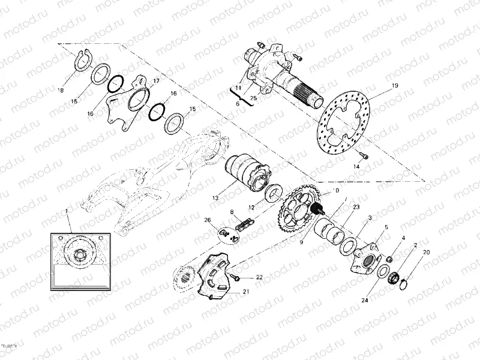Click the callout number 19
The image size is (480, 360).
395,86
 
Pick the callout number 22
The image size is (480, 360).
259,277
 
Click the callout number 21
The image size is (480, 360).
245,292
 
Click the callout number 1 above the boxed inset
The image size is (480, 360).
67,211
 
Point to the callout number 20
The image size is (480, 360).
427,252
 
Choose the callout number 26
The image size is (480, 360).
208,220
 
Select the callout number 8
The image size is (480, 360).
231,211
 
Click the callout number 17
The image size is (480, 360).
157,81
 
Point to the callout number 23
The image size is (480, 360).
356,207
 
